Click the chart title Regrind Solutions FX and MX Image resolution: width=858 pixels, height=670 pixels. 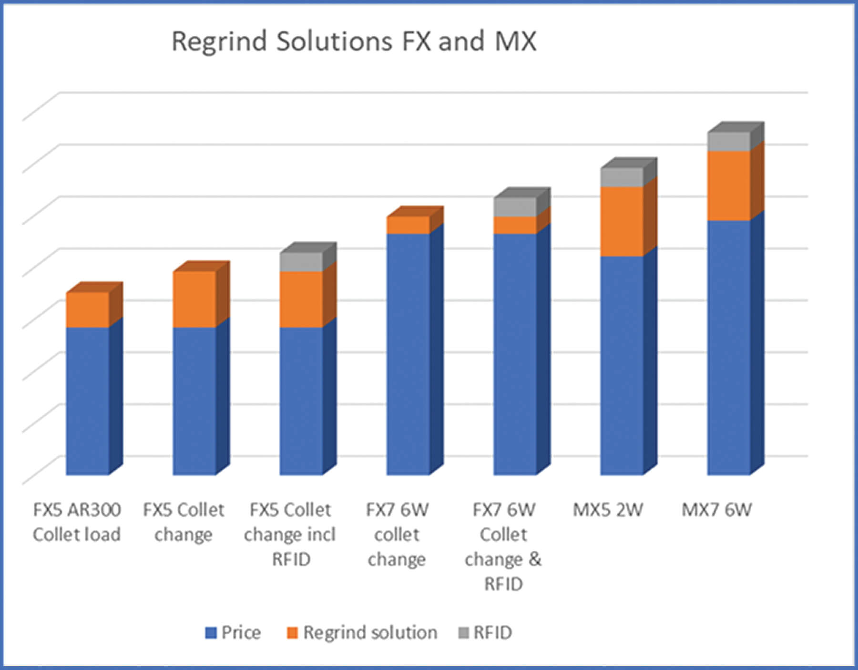354,41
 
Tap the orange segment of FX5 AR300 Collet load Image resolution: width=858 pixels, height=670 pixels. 87,309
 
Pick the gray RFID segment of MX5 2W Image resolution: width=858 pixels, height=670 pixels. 622,177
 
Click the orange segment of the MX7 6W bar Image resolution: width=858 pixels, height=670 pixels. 728,186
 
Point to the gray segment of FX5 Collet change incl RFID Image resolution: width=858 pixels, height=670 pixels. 301,262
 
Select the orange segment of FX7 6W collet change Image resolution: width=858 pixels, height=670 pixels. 408,225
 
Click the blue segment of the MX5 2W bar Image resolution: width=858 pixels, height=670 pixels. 622,365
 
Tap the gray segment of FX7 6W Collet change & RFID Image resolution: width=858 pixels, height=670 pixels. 515,207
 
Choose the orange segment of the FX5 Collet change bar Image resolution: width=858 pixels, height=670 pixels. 194,299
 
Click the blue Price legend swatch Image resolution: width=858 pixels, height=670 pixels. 211,633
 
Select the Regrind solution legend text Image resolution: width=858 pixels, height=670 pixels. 370,633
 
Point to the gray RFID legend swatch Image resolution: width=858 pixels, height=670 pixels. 463,633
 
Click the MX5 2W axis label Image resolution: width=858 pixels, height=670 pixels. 608,510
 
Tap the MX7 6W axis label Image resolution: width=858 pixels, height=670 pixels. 716,510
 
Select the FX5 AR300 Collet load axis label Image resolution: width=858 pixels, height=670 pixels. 77,522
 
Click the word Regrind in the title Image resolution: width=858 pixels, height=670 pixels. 219,42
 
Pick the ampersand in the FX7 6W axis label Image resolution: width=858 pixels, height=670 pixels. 535,559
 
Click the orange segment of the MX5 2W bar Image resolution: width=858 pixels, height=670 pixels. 622,221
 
